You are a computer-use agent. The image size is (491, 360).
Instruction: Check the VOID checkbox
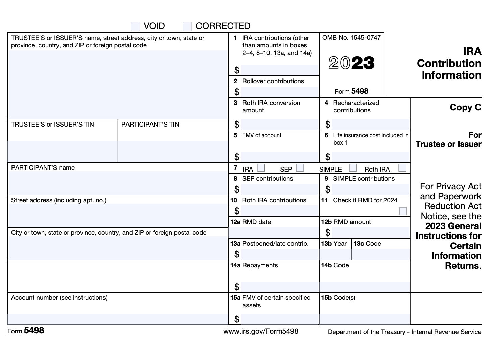coord(135,26)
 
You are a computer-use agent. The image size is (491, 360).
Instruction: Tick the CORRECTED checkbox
coord(187,26)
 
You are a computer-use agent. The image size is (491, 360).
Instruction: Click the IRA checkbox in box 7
coord(261,168)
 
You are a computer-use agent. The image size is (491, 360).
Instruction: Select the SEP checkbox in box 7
coord(300,168)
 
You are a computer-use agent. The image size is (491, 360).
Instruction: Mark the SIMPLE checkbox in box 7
coord(353,168)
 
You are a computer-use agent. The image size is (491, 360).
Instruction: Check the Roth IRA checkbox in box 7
coord(402,168)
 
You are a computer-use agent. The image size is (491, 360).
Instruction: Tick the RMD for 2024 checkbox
coord(403,211)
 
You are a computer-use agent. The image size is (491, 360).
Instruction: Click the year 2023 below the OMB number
coord(352,63)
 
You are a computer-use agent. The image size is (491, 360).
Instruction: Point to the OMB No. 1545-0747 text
coord(351,38)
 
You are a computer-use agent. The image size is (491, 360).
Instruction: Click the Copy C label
coord(465,107)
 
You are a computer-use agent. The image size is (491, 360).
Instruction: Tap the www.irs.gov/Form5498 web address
coord(261,331)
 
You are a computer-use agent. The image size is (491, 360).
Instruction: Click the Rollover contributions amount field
coord(279,92)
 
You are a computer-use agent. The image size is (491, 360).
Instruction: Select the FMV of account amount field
coord(279,157)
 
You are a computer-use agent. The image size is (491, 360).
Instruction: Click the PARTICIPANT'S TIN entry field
coord(173,151)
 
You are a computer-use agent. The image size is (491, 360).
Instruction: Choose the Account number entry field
coord(118,319)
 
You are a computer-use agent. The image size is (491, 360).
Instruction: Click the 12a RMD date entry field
coord(274,232)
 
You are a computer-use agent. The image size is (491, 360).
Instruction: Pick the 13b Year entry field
coord(335,254)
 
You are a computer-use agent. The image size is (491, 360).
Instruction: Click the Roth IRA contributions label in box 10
coord(274,200)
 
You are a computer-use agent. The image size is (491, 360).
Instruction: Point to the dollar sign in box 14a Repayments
coord(237,287)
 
